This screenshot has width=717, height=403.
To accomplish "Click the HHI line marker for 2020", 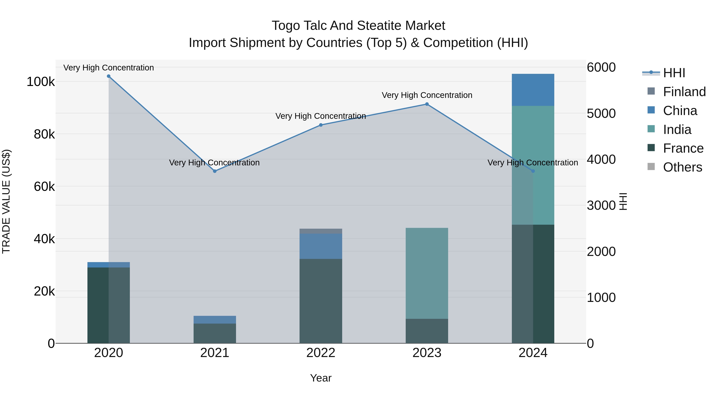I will coord(109,76).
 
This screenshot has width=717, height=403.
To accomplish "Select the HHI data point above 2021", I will coord(215,171).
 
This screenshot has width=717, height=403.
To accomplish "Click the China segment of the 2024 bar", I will coord(533,90).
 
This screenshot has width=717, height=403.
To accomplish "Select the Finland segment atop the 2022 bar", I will coord(321,231).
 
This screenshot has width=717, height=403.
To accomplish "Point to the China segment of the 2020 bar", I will coord(109,265).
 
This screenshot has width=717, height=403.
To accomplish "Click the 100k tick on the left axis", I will coord(41,82).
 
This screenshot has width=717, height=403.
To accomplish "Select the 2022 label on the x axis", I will coord(321,353).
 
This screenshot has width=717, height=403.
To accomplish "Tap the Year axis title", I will coord(321,378).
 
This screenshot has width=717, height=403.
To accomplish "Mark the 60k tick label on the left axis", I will coord(44,187).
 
